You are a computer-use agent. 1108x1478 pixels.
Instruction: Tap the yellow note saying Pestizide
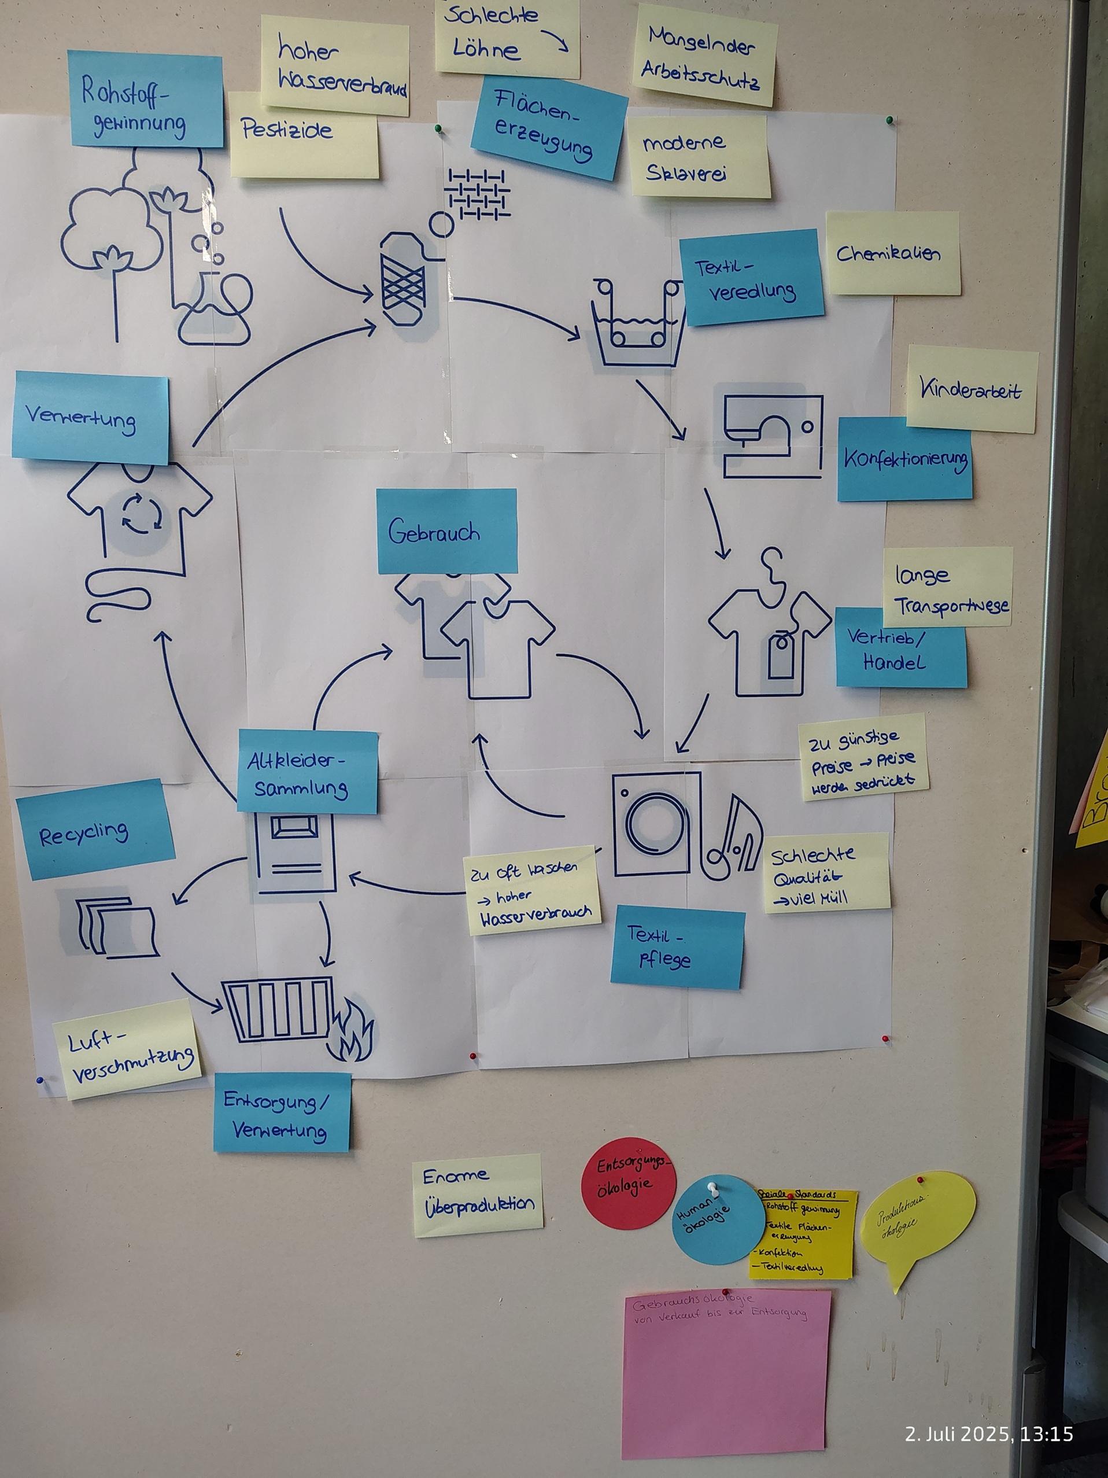(x=304, y=137)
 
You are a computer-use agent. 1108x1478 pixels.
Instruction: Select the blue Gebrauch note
(x=446, y=531)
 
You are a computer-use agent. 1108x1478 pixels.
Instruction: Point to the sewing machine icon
(x=773, y=435)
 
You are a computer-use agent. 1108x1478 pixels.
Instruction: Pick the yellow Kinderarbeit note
(x=972, y=389)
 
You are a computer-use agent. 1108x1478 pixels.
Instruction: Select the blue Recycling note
(x=95, y=830)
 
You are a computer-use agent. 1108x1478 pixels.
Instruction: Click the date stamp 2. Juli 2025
(x=988, y=1434)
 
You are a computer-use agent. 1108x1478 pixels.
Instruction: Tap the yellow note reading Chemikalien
(x=892, y=254)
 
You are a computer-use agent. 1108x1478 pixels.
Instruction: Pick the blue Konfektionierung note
(x=904, y=459)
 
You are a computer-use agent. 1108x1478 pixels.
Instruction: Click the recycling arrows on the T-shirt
(x=141, y=516)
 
